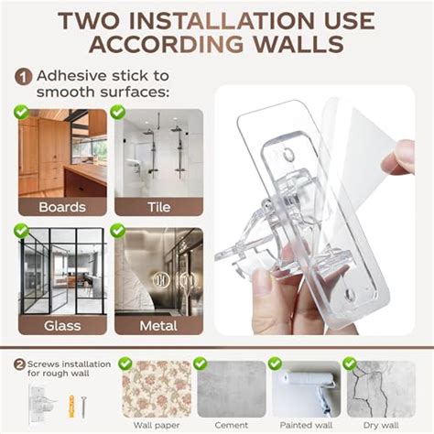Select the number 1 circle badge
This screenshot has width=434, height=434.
[22, 79]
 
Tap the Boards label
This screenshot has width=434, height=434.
[61, 207]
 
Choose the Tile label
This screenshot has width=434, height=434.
[158, 207]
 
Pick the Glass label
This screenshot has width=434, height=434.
[61, 324]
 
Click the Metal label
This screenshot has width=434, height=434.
[158, 324]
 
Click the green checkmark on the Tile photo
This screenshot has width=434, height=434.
[118, 112]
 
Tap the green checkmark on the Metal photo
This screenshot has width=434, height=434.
[118, 231]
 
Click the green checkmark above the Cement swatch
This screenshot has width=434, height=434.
[197, 363]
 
